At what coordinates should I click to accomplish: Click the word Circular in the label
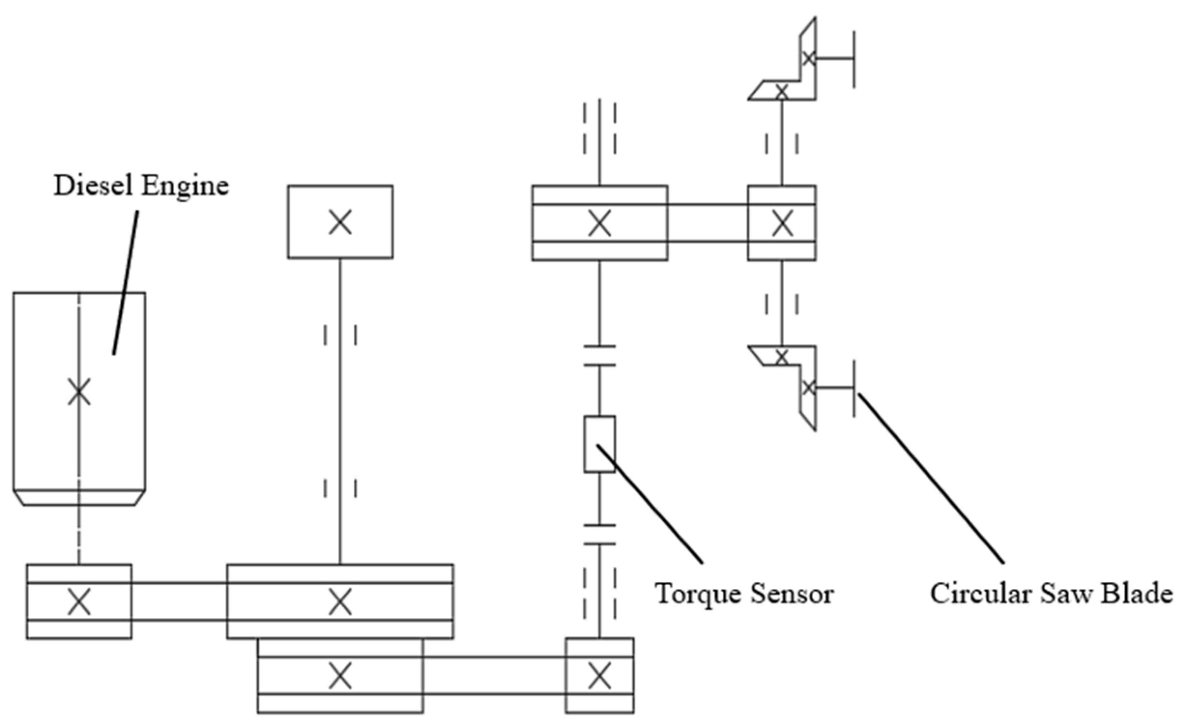click(980, 593)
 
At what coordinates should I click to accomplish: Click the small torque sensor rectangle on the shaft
click(599, 443)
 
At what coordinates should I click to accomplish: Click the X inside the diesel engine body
click(79, 392)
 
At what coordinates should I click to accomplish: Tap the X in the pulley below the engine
click(79, 602)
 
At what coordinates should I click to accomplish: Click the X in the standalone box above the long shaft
click(340, 222)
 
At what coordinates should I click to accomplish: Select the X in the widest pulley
click(340, 602)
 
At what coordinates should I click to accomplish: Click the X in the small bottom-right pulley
click(599, 676)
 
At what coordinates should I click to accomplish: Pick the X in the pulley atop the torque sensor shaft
click(599, 224)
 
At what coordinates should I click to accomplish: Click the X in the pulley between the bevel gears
click(782, 224)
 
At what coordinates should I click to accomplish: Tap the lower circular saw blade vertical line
click(854, 388)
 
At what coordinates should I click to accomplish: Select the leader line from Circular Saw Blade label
click(930, 478)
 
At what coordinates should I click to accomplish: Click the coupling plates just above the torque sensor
click(599, 356)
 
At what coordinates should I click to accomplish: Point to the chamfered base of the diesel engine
click(79, 498)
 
